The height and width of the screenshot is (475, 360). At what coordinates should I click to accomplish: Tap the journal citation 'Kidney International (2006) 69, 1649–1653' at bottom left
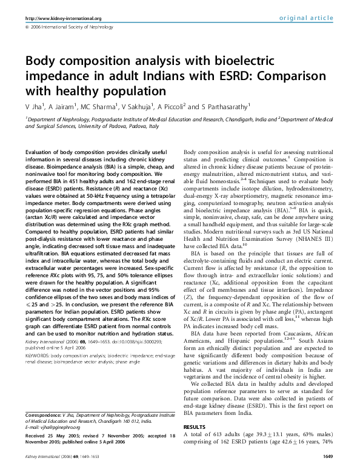coord(58,471)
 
